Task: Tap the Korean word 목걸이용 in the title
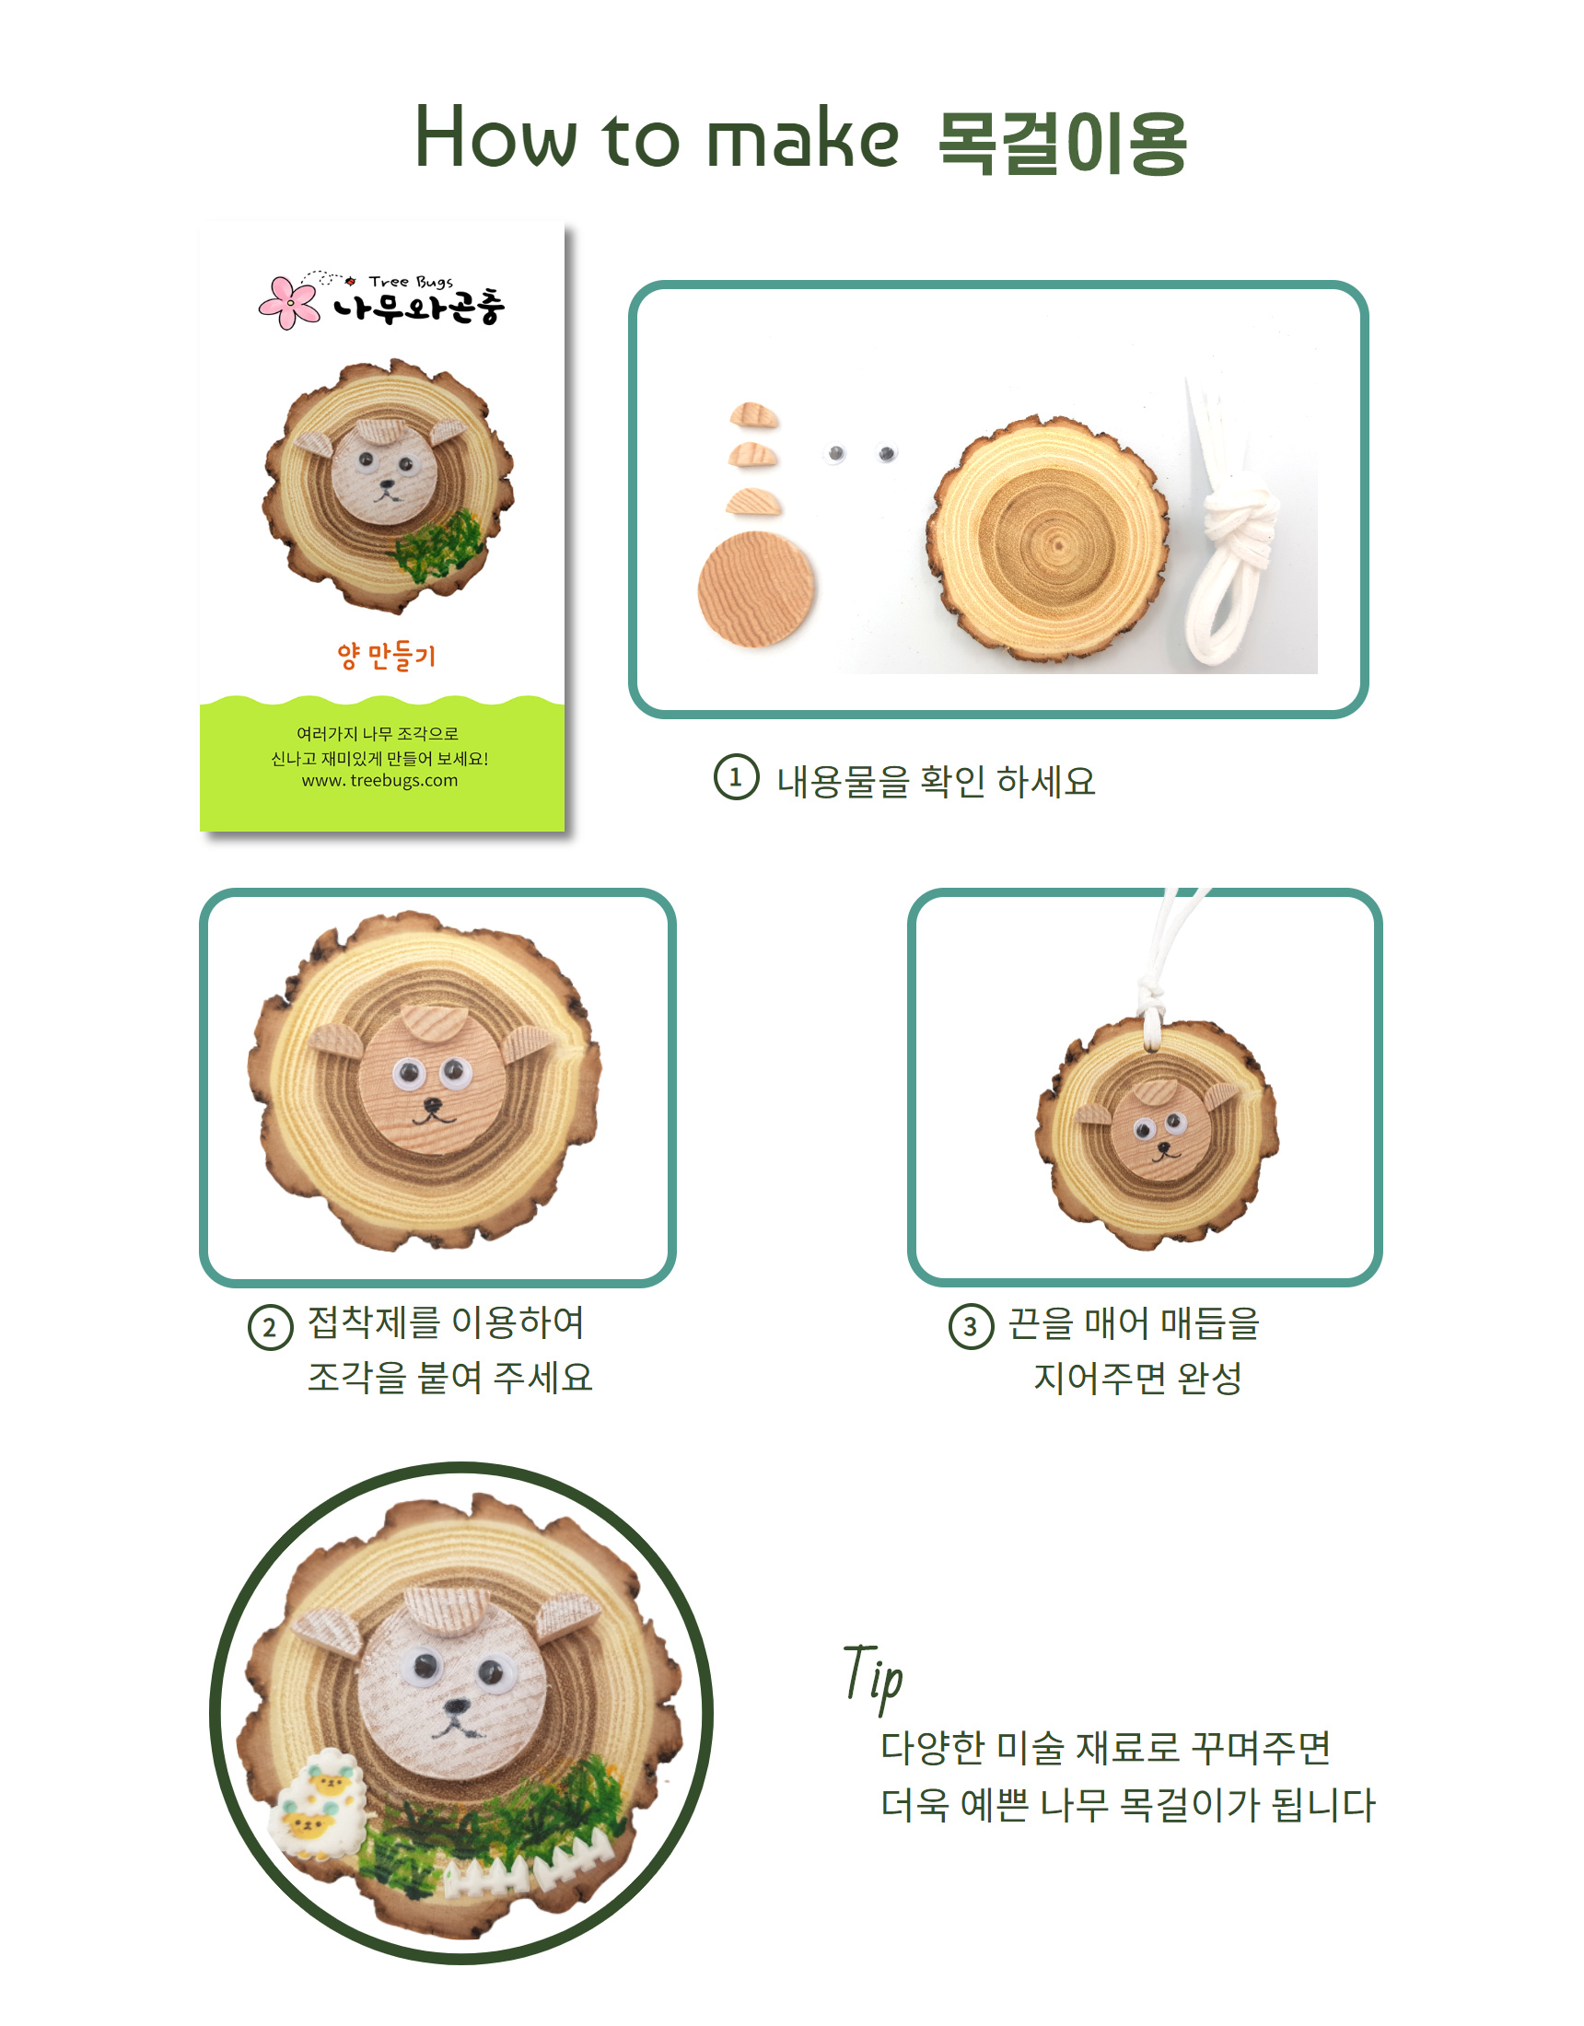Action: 1063,143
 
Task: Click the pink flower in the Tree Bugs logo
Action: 288,301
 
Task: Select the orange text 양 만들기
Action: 386,656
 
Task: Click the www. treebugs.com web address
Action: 379,781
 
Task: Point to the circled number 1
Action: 736,777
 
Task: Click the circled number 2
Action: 270,1327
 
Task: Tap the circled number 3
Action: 971,1326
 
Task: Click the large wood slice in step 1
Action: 1047,538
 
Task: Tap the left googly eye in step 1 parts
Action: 836,453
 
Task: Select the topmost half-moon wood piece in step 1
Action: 753,414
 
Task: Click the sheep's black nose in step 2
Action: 432,1105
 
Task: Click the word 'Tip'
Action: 872,1678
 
